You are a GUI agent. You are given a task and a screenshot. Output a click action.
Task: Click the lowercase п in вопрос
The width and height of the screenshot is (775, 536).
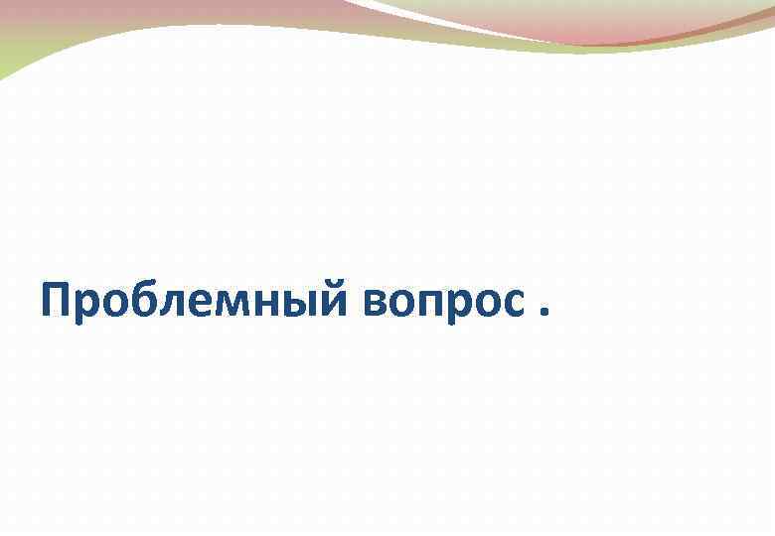[x=438, y=304]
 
